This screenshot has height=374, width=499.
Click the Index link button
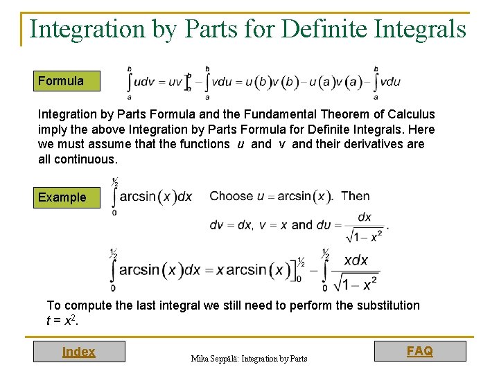tap(78, 352)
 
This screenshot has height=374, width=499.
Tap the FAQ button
tap(420, 351)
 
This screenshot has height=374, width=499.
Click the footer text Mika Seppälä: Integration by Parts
tap(249, 358)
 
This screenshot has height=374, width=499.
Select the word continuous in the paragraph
tap(86, 159)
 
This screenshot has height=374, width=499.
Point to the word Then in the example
tap(356, 196)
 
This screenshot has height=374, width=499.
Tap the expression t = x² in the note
tap(60, 320)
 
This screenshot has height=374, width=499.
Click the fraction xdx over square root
tap(356, 272)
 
